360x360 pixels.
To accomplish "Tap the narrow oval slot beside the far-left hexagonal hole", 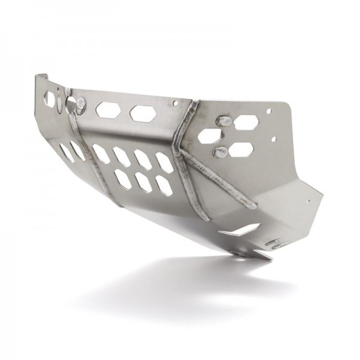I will (x=59, y=103).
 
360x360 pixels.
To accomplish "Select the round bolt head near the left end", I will (x=81, y=106).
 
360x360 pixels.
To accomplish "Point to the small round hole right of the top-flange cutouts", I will (x=175, y=103).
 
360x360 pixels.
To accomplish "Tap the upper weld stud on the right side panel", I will (x=224, y=121).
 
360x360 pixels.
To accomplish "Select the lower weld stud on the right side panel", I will (x=220, y=151).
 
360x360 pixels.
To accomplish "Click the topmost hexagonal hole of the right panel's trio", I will (x=246, y=122).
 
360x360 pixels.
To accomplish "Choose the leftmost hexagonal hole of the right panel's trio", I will (x=209, y=136).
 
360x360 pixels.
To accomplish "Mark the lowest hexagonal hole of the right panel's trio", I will (x=239, y=149).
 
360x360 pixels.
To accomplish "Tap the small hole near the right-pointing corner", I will (x=309, y=202).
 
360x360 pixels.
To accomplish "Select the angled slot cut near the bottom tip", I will (x=239, y=230).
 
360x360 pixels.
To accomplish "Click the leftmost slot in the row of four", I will (x=101, y=154).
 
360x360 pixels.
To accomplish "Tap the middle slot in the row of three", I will (x=143, y=182).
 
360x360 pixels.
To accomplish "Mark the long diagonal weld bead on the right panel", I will (x=219, y=179).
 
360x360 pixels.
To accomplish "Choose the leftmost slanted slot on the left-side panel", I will (x=67, y=152).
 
